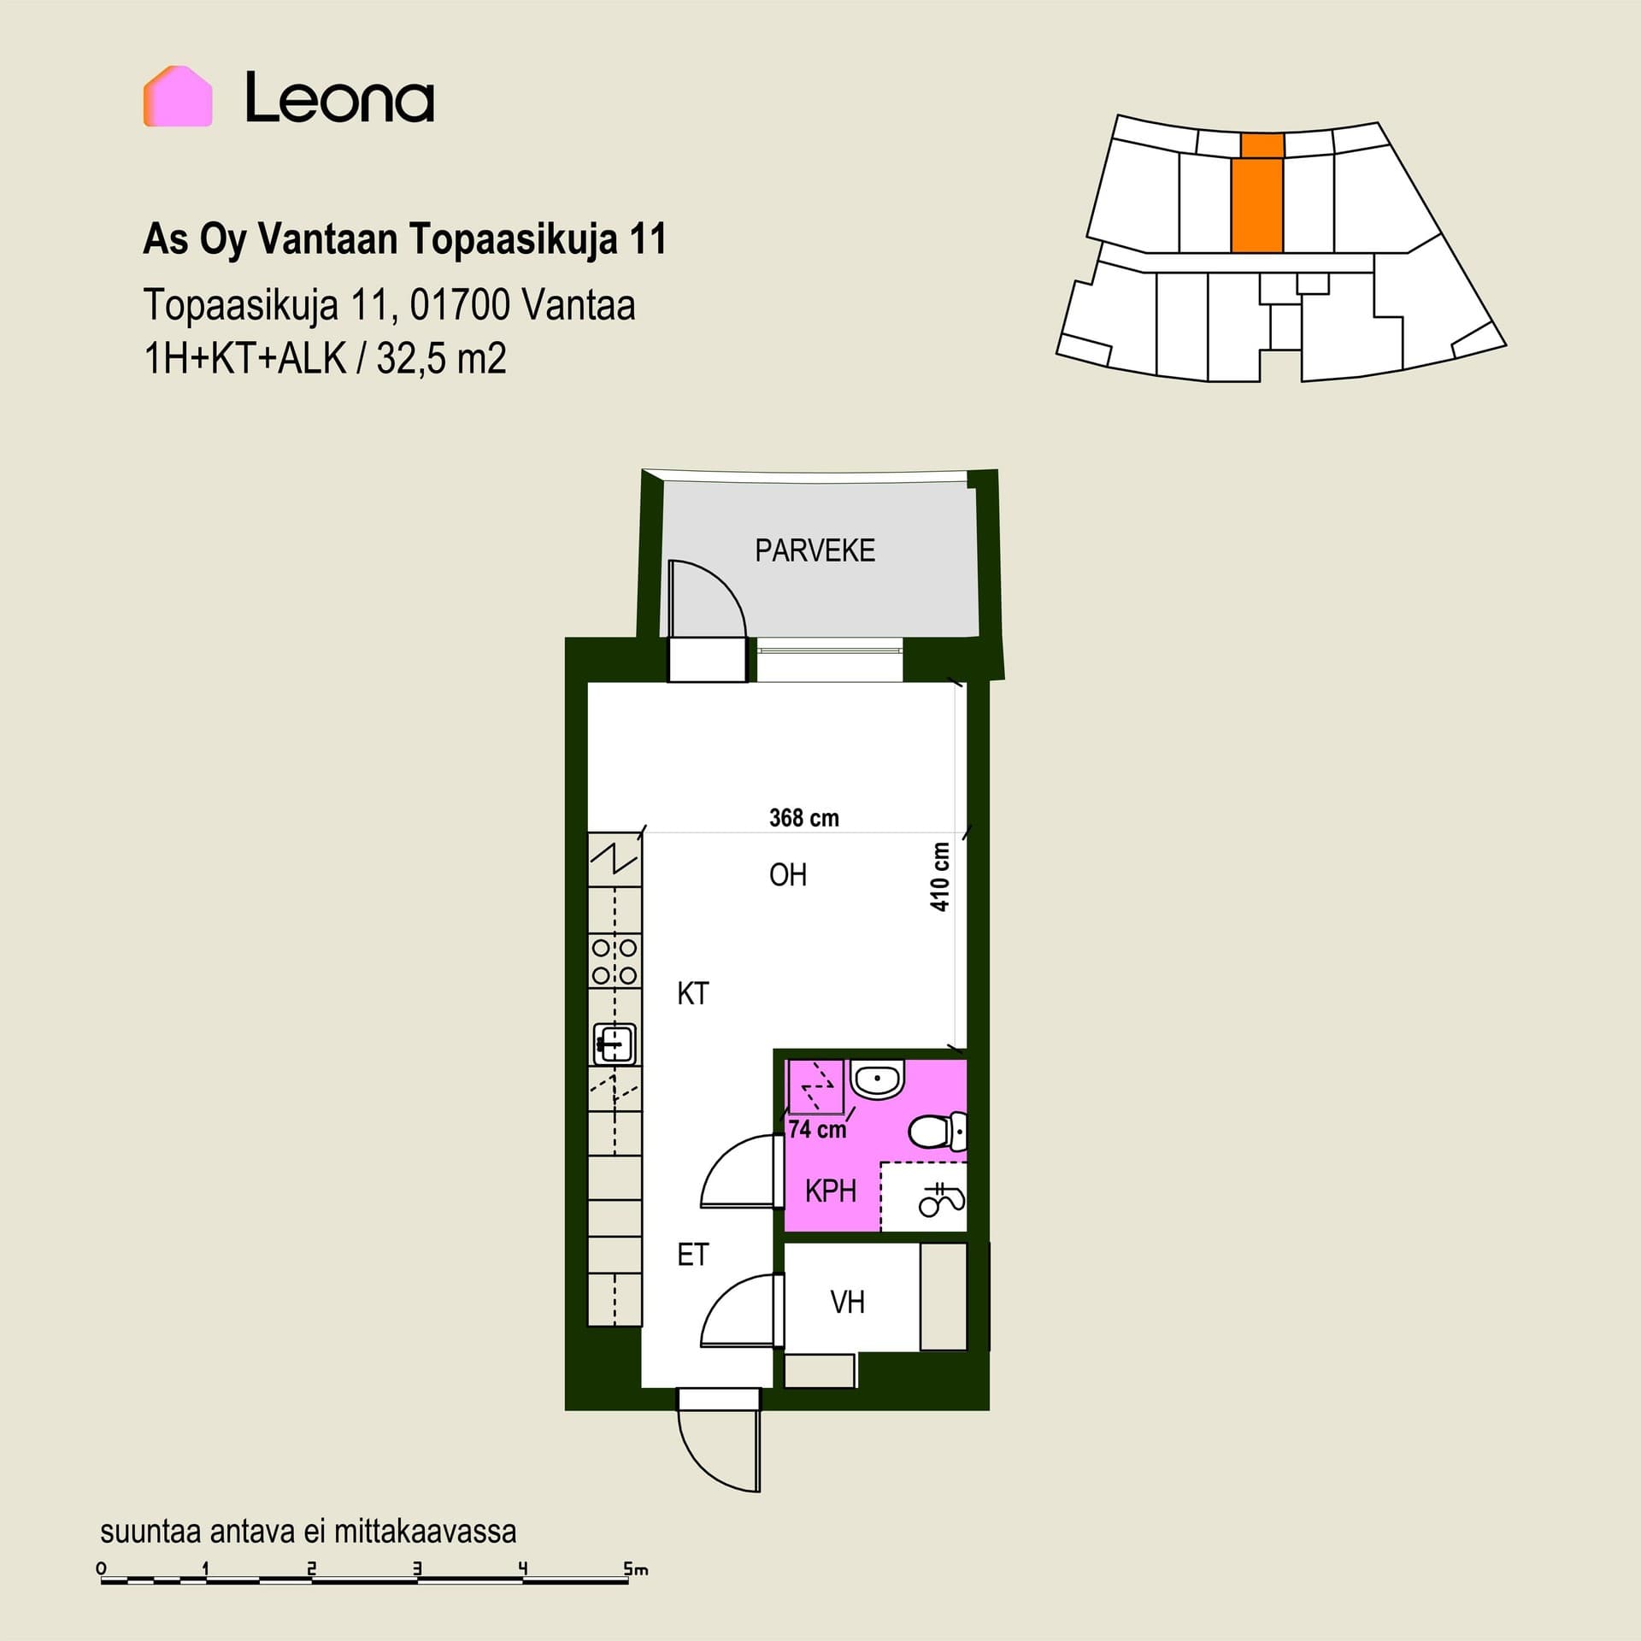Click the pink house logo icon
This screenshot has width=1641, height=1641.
178,97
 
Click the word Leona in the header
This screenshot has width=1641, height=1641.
340,97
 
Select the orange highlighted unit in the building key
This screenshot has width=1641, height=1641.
1257,193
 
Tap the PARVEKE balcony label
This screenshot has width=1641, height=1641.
815,550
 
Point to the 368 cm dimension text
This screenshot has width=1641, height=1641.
804,818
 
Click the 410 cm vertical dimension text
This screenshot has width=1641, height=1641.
940,877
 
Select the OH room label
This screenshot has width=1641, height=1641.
788,875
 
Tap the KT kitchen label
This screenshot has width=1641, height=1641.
692,993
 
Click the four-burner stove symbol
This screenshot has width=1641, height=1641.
615,962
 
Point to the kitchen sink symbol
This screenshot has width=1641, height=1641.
615,1044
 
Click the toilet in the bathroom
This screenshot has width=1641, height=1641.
938,1132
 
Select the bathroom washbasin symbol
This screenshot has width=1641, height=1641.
878,1081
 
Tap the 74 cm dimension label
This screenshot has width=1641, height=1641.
817,1130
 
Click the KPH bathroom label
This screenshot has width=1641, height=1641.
831,1191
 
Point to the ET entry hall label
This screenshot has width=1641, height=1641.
692,1255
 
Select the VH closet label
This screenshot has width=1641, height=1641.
847,1303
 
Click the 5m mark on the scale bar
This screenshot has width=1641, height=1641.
635,1569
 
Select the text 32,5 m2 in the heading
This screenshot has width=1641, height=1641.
441,358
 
